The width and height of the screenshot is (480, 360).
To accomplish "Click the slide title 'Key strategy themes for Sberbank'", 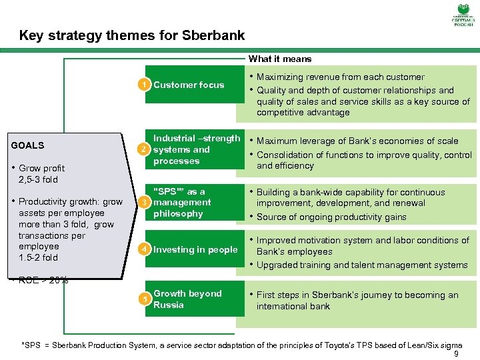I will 132,35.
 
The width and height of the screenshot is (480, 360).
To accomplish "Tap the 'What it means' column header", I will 280,59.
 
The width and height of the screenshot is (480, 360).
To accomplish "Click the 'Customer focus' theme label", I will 189,85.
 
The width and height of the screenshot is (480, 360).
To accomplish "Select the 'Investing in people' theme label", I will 195,249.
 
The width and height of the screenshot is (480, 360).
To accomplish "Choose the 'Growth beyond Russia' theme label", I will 187,299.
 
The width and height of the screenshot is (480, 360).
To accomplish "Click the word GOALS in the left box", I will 28,145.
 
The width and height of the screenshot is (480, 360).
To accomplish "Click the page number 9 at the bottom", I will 456,354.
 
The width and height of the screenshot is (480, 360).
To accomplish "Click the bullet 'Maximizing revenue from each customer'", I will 340,77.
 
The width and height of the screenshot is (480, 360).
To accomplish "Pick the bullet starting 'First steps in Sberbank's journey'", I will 357,300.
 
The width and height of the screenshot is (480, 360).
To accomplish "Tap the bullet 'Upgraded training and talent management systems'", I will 362,265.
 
